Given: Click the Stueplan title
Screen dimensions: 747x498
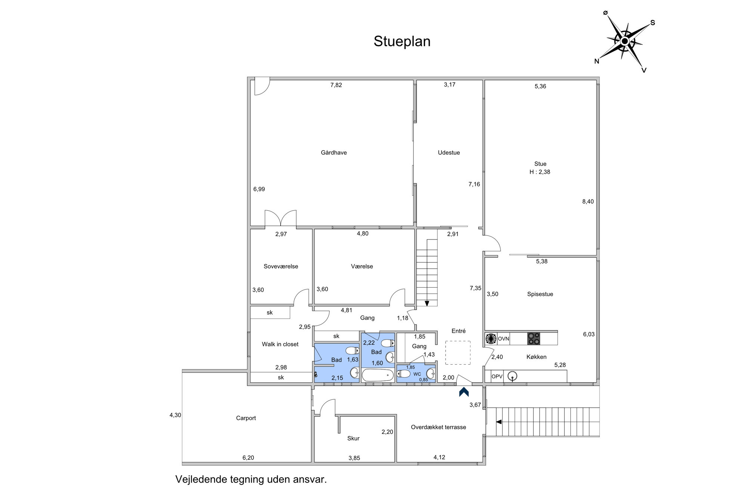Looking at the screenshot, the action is coord(402,41).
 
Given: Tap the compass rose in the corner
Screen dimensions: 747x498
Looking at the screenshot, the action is coord(624,41).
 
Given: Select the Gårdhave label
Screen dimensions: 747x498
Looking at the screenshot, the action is coord(334,152).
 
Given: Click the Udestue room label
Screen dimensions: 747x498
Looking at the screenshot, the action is coord(449,152).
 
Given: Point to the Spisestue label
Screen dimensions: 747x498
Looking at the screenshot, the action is coord(540,294).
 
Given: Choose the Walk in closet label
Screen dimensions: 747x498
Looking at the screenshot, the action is coord(280,344).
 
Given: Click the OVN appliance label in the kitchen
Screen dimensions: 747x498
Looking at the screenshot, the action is coord(503,339).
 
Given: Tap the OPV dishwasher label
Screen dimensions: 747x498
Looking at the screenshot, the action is coord(497,377).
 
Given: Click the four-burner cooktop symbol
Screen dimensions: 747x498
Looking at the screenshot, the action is coord(534,338).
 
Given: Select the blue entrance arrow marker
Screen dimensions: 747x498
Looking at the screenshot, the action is coord(464,392).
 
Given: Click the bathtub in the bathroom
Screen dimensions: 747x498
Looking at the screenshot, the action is coord(378,375).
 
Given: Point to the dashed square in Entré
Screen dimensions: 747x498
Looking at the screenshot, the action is coord(458,353).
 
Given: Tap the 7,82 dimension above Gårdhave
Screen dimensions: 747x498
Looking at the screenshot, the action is coord(336,85).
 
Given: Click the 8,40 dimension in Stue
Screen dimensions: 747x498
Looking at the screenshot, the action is coord(588,201).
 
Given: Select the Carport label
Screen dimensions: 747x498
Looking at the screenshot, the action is coord(246,418).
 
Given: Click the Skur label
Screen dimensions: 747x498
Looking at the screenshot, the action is coord(353,438).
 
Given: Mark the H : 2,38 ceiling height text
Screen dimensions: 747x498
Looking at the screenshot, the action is coord(540,172).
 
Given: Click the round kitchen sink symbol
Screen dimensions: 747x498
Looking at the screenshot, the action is coord(512,376).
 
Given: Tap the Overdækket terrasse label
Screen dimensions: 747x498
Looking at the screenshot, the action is coord(438,427).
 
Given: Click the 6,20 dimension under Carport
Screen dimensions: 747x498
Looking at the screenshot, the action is coord(248,458).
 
